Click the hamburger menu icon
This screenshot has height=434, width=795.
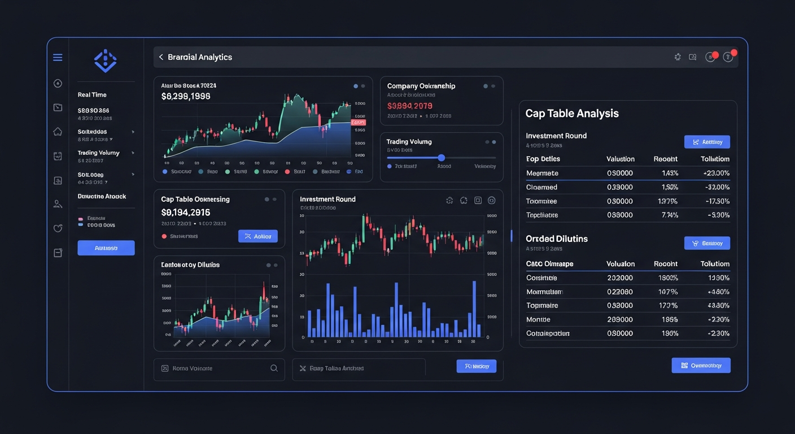58,58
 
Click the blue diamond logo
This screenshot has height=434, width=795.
105,61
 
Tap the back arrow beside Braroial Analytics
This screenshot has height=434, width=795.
161,57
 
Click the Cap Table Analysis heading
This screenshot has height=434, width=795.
571,114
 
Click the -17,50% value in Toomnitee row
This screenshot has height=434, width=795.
715,201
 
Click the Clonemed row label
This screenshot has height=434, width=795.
541,188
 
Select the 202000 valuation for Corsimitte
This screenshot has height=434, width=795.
619,278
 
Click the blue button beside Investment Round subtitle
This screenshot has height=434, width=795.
707,142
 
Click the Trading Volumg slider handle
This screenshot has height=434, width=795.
442,158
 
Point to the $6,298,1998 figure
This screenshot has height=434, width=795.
186,97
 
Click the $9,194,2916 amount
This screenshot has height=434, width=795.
186,212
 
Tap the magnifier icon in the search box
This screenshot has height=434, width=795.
274,368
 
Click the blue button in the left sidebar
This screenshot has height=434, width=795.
106,248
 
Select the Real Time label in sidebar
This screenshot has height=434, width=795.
92,95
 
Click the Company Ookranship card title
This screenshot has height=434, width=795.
421,86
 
